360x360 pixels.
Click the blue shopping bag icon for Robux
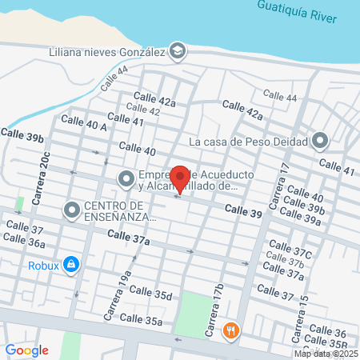pos(71,262)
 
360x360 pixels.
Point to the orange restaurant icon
pos(231,329)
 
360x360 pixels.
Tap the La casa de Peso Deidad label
pos(248,142)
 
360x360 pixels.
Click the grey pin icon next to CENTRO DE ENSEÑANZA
pos(72,210)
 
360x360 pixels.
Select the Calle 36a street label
pos(24,242)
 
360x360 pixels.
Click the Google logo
pos(26,350)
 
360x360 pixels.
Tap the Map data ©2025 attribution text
pos(326,354)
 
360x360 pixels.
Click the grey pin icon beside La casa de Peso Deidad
pos(321,142)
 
